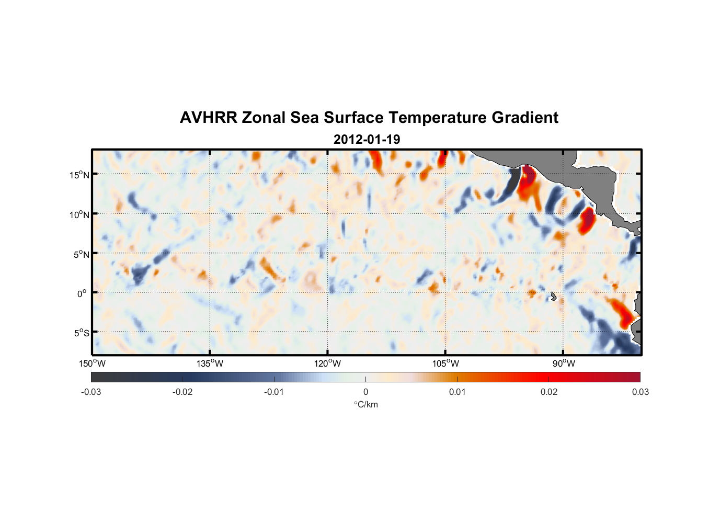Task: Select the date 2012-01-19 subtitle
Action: [367, 140]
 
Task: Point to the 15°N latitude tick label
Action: [79, 175]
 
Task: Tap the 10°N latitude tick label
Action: [79, 214]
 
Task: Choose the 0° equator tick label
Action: [82, 293]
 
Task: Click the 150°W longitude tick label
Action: [93, 363]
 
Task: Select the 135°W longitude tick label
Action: [210, 363]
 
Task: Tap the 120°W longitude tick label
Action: [328, 363]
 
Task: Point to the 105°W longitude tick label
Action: [445, 363]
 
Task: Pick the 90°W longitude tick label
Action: [564, 363]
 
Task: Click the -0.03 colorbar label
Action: [91, 392]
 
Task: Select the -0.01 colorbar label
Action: [274, 392]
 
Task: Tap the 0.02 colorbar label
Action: [549, 392]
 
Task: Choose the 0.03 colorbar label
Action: [640, 392]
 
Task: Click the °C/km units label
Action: [365, 404]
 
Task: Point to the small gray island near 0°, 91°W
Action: [553, 297]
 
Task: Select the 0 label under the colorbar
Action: [365, 392]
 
